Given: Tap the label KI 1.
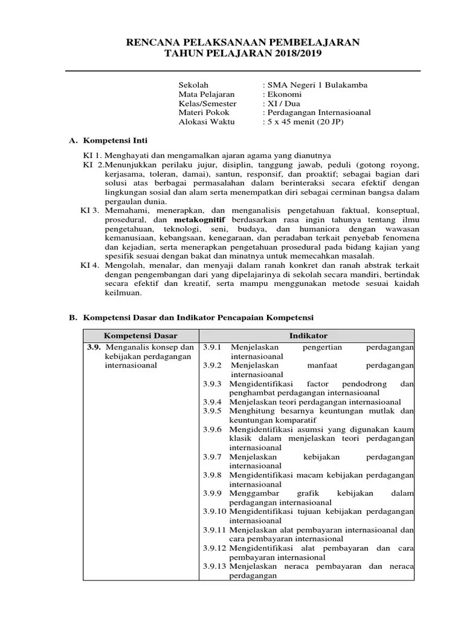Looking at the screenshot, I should click(x=93, y=155).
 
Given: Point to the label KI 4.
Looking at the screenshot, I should click(x=91, y=265).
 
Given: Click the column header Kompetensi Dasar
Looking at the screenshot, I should click(x=140, y=335).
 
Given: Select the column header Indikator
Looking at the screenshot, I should click(x=308, y=335).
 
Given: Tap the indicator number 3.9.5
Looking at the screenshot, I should click(x=213, y=411).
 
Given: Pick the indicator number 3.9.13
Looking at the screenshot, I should click(x=214, y=566).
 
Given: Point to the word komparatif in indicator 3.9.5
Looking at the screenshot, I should click(x=275, y=420).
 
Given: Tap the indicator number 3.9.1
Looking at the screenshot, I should click(x=213, y=348).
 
